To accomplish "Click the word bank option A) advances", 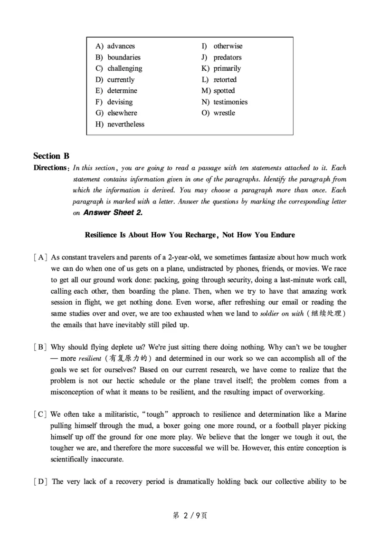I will tap(115, 46).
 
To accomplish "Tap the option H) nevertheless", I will tap(120, 125).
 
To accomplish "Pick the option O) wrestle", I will tap(218, 113).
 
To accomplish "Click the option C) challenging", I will tap(119, 68).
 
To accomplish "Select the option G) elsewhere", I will tap(116, 113).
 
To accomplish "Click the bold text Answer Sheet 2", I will tap(113, 213).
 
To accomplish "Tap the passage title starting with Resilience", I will tap(190, 235).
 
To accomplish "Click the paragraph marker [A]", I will tap(40, 258).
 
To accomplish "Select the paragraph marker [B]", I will tap(40, 347).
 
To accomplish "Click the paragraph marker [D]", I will tap(40, 482).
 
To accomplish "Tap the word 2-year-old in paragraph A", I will tap(182, 258).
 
